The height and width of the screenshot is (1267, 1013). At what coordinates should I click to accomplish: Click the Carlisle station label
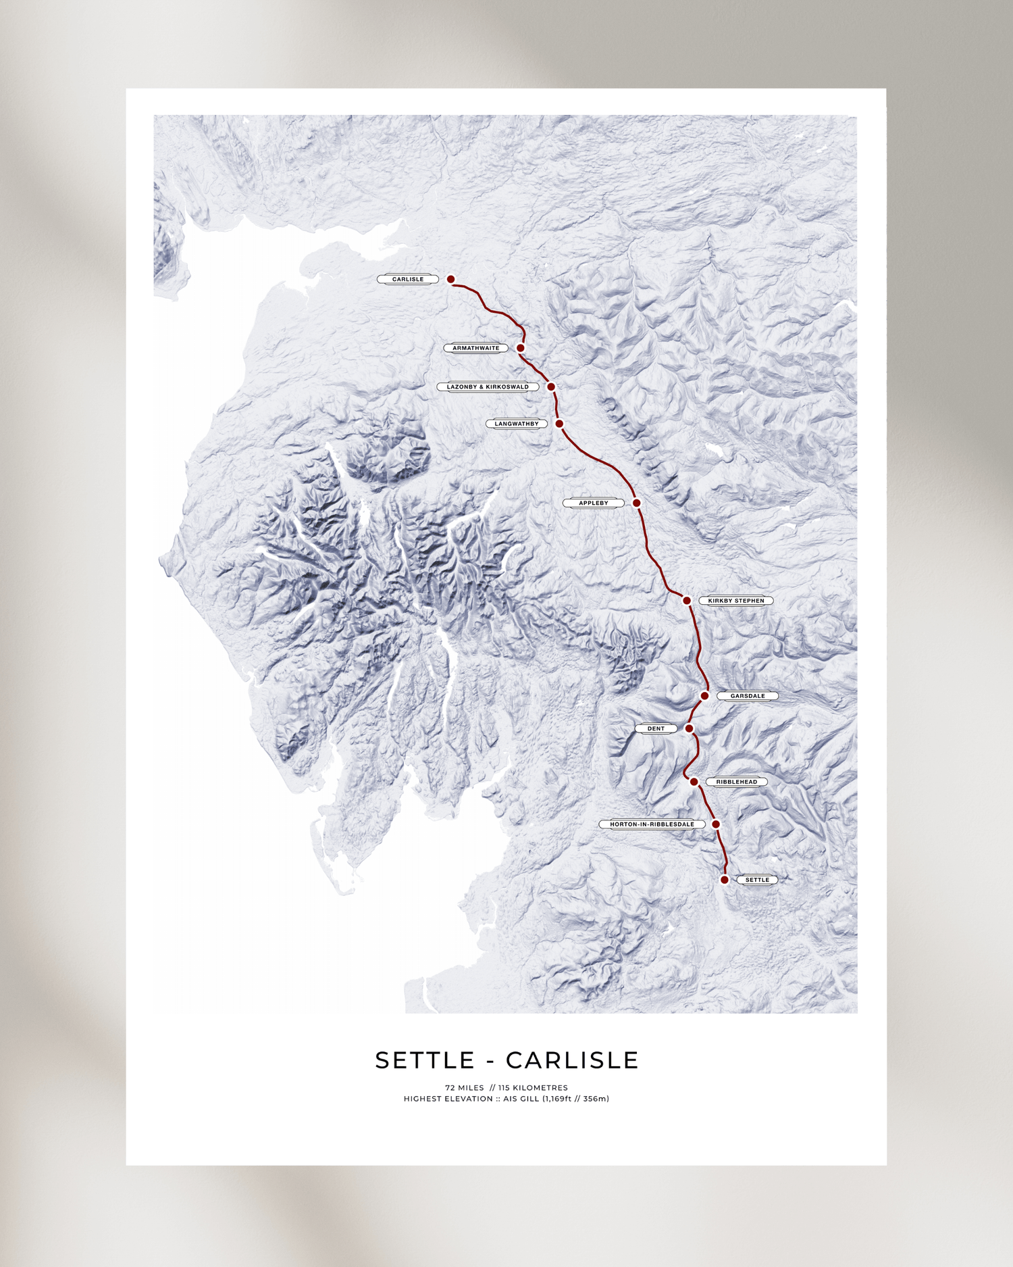408,279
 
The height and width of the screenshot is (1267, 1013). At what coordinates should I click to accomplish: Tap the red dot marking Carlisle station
450,279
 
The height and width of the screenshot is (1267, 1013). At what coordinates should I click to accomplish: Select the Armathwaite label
476,348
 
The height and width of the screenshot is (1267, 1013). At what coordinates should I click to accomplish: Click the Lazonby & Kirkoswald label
488,387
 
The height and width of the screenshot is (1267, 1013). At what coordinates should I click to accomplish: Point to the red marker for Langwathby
559,424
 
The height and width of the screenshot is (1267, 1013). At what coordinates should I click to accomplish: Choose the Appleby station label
594,503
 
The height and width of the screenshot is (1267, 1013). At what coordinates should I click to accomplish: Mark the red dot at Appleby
636,503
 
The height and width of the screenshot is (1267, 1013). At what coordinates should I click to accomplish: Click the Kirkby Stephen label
736,601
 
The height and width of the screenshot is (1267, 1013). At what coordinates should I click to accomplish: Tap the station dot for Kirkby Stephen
686,601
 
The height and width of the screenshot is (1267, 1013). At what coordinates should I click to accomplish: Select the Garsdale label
748,696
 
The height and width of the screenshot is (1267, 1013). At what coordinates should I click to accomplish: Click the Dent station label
656,728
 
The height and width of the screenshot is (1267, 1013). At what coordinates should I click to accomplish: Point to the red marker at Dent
689,728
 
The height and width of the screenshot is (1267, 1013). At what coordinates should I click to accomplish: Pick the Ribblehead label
737,782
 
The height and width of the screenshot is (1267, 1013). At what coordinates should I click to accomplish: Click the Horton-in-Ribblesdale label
652,824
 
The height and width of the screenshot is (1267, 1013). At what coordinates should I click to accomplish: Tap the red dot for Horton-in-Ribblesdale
716,824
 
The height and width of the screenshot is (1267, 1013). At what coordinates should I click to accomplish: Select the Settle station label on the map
757,880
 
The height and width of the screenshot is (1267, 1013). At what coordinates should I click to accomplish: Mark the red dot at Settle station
724,880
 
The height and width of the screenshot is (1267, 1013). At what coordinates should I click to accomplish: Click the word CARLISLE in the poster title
572,1060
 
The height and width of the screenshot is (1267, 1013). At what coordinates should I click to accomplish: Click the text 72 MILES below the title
465,1088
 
